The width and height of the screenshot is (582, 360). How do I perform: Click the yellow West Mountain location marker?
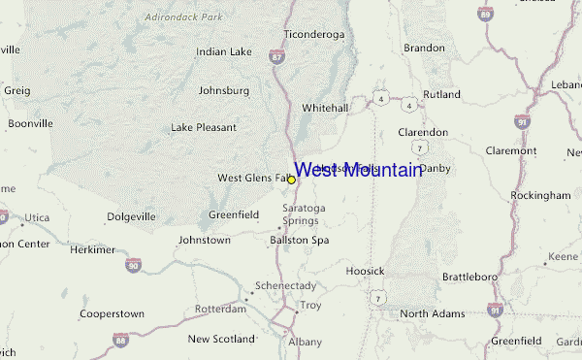291,180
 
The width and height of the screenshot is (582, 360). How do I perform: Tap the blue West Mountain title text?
358,170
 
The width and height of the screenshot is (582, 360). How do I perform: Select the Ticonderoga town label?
313,34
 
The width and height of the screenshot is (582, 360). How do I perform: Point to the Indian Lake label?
224,51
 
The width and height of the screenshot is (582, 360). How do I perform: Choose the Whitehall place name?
325,108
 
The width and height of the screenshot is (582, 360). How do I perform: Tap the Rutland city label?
442,94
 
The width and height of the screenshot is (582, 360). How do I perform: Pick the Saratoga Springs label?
300,214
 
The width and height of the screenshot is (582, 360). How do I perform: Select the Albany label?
305,343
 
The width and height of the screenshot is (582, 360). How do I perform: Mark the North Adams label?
428,313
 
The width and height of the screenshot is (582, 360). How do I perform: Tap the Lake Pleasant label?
204,127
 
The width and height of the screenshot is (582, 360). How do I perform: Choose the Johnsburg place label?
224,90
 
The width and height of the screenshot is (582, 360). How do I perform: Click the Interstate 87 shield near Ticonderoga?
278,59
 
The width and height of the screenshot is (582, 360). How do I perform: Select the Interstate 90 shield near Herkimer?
133,265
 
